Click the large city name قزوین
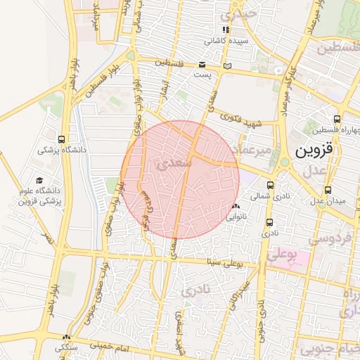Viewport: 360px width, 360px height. click(313, 150)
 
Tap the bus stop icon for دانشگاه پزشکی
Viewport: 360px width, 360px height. click(63, 139)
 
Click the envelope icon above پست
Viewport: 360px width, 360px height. click(202, 65)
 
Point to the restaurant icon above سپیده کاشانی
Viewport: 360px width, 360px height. click(226, 30)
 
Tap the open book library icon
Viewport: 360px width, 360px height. click(226, 66)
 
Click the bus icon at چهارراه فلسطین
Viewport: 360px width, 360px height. click(337, 120)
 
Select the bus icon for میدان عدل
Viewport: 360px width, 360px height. click(328, 190)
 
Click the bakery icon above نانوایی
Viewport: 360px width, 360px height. click(236, 207)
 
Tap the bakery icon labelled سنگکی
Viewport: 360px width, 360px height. click(67, 337)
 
